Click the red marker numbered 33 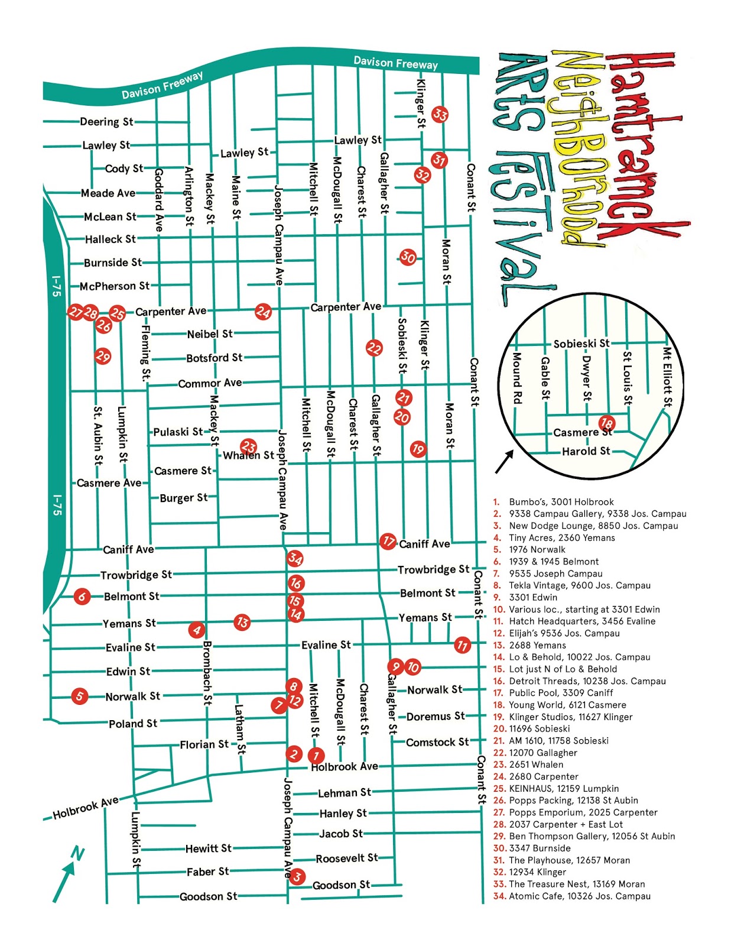(x=440, y=114)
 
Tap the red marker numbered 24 (x=263, y=312)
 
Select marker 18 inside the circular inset (x=606, y=423)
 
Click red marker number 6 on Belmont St (x=82, y=597)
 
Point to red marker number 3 (x=297, y=876)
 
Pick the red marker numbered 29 (x=103, y=356)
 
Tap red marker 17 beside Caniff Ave (x=388, y=541)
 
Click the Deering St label (x=106, y=122)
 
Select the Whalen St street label (x=249, y=455)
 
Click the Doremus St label (x=436, y=717)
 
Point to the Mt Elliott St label (x=667, y=377)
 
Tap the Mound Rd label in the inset (x=517, y=378)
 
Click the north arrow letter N (x=77, y=853)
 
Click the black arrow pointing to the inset (x=504, y=462)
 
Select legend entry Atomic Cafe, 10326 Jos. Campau (x=579, y=896)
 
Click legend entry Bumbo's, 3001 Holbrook (x=561, y=502)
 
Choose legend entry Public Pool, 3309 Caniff (x=560, y=693)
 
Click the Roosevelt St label (x=347, y=858)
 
